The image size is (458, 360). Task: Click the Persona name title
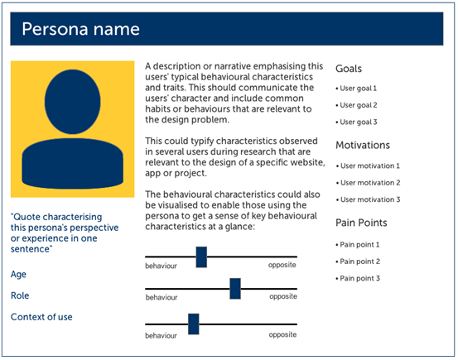[80, 30]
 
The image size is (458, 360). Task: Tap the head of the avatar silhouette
[73, 103]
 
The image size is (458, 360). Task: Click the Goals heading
[349, 70]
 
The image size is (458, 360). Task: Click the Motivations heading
[363, 146]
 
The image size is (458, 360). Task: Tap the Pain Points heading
[361, 223]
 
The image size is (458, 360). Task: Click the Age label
[18, 273]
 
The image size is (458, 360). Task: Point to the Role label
[20, 295]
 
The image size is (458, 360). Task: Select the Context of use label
[42, 316]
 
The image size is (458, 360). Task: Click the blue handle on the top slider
[201, 257]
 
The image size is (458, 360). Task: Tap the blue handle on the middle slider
[235, 288]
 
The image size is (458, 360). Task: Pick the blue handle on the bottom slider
[194, 324]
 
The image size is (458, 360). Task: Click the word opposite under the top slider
[282, 266]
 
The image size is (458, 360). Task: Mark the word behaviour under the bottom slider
[162, 335]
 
